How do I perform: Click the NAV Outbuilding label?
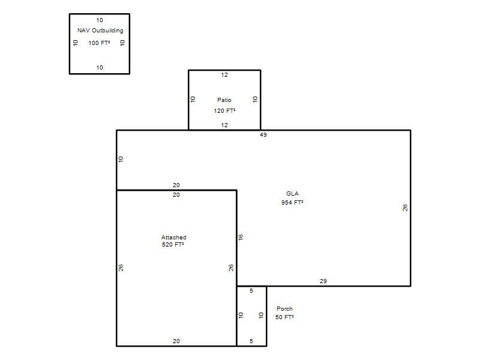point(100,31)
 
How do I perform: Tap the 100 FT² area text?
point(99,43)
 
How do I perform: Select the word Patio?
point(224,100)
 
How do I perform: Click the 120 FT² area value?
point(224,110)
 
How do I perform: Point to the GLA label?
point(292,193)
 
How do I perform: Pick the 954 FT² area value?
point(292,202)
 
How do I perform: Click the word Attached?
point(174,237)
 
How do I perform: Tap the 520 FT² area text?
point(173,244)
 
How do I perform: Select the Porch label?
point(284,308)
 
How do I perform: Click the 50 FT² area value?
point(284,317)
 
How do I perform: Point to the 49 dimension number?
point(263,134)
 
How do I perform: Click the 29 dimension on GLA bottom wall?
point(323,281)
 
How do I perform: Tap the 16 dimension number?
point(241,237)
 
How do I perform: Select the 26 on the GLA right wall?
point(405,208)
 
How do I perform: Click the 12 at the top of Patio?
point(224,74)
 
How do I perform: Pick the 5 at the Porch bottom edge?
point(251,341)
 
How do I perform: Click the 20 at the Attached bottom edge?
point(176,341)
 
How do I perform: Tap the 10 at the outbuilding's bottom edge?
point(100,68)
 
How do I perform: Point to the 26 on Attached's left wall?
point(121,268)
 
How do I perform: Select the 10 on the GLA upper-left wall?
point(121,159)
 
